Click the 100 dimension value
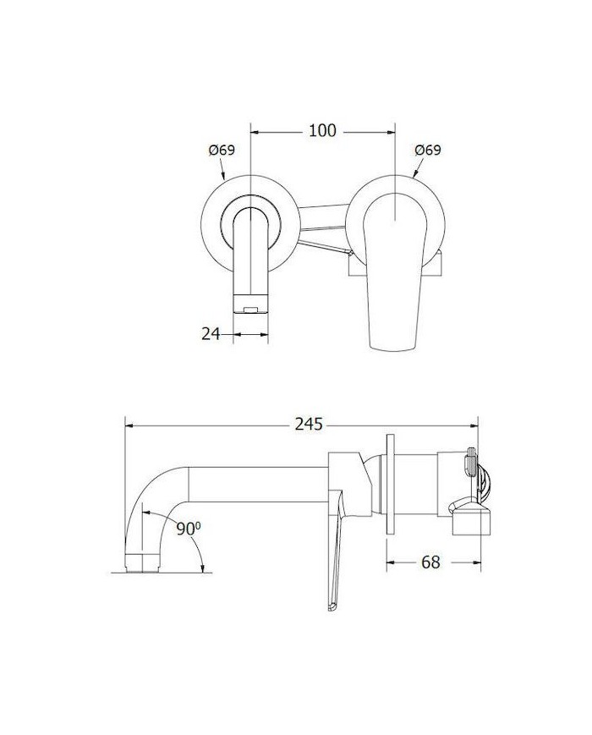pyautogui.click(x=322, y=130)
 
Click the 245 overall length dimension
pyautogui.click(x=310, y=425)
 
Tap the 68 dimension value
pyautogui.click(x=431, y=562)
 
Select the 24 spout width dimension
pyautogui.click(x=211, y=334)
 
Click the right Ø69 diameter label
pyautogui.click(x=428, y=150)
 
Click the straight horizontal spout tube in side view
pyautogui.click(x=254, y=482)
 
